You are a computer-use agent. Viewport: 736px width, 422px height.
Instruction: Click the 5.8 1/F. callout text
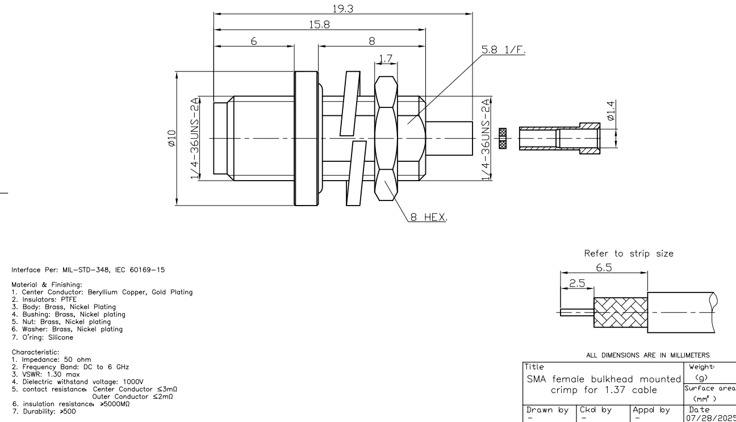(503, 49)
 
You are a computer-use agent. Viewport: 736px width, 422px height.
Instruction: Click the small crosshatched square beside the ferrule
(503, 139)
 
